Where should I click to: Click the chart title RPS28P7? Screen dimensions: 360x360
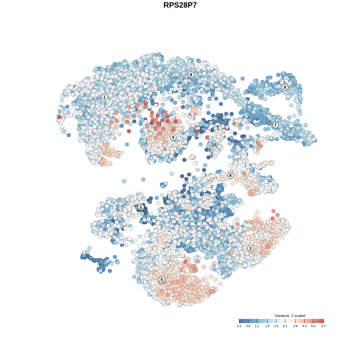(x=180, y=5)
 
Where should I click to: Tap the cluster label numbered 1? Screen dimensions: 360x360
(x=104, y=97)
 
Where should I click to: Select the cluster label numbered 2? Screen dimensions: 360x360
(x=141, y=207)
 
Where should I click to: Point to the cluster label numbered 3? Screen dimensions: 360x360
(x=250, y=248)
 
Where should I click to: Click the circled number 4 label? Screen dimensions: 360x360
(x=173, y=137)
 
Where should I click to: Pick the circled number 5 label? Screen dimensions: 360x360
(x=162, y=279)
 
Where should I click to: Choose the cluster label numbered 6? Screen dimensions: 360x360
(x=191, y=75)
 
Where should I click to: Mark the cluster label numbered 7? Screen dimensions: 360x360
(x=275, y=125)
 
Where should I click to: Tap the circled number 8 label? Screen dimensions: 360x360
(x=230, y=175)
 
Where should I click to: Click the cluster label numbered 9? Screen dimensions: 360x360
(x=285, y=87)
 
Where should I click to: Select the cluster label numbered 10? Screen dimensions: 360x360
(x=214, y=145)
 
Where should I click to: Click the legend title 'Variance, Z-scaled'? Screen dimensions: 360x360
(x=290, y=316)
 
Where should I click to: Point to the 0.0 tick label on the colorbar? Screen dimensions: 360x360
(x=239, y=326)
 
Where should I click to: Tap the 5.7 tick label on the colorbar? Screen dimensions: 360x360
(x=323, y=326)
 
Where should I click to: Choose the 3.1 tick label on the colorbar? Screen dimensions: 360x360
(x=285, y=326)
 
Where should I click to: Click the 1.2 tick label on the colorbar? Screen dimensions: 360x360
(x=257, y=326)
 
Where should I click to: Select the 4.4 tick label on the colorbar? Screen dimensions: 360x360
(x=305, y=326)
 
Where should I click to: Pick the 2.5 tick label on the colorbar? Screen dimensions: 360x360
(x=276, y=326)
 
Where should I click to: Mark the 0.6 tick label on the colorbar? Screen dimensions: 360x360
(x=248, y=326)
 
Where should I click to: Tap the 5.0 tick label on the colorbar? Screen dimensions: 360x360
(x=313, y=326)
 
